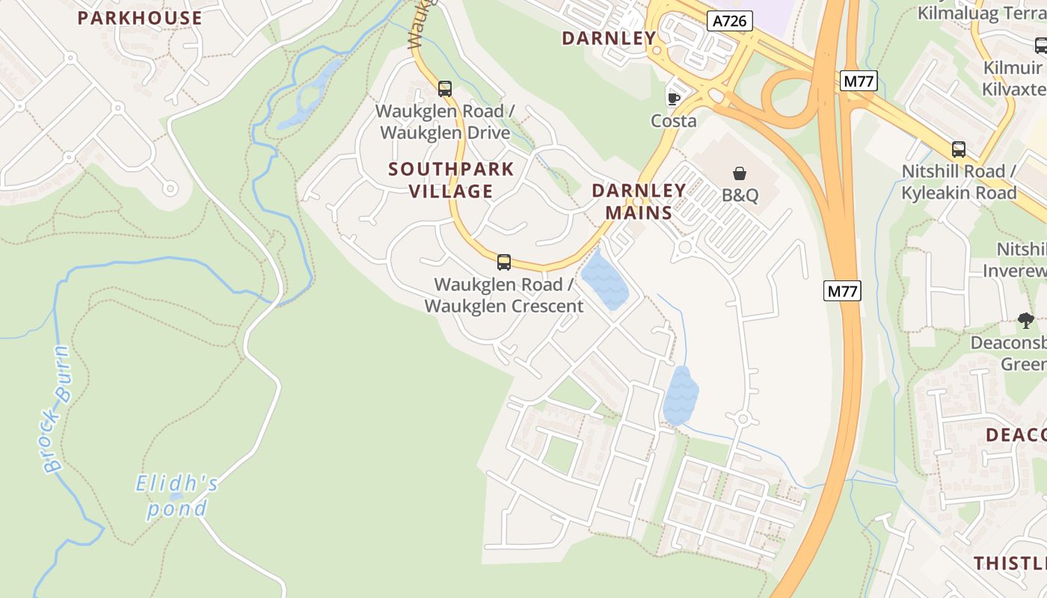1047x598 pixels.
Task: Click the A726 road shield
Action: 729,21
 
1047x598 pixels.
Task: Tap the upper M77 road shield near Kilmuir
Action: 858,81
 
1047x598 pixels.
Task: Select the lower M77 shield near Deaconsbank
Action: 842,291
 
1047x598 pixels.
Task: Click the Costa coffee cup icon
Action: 673,98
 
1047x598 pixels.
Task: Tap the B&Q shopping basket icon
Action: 740,173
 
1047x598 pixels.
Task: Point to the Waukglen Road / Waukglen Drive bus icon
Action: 445,89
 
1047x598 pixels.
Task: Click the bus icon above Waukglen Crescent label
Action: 504,262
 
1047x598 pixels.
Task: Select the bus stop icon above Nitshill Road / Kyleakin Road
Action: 959,149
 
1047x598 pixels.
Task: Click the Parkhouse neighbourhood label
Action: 140,18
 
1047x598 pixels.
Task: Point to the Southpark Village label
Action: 451,180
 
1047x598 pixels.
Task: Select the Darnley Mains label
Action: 639,201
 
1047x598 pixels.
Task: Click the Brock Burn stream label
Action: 57,409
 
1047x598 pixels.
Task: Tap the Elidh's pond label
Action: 177,496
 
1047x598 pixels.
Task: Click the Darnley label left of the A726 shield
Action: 609,38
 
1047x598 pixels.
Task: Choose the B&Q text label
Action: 740,196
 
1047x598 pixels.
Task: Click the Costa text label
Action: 673,121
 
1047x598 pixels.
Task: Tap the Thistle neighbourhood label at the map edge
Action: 1010,563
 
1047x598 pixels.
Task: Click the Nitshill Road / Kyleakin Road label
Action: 959,182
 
